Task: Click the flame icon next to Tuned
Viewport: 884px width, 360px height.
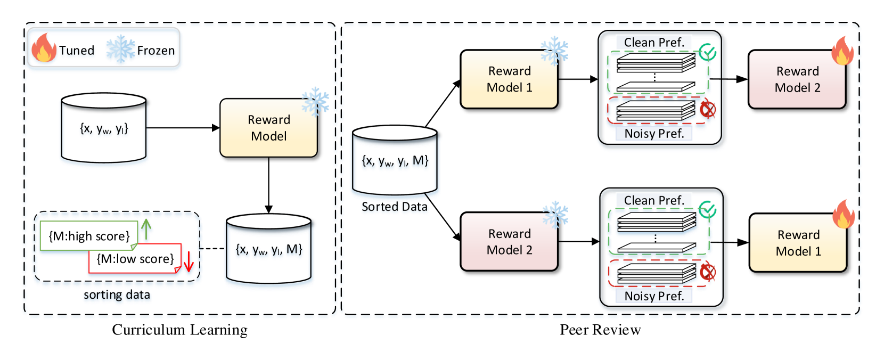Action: point(44,49)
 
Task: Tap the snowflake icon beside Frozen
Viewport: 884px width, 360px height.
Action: point(120,50)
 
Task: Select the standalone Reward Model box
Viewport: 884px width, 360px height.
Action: point(268,128)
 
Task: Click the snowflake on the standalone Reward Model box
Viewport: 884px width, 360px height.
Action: point(315,101)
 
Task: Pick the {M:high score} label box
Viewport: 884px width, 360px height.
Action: point(89,236)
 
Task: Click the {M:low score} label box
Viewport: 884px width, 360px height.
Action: point(135,259)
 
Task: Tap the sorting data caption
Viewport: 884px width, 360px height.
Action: point(117,295)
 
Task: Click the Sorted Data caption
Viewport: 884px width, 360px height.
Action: point(394,207)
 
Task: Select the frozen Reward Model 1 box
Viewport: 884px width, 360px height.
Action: point(509,79)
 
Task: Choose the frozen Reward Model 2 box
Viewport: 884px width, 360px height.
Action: point(509,242)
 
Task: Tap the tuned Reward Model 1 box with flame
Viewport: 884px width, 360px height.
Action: point(798,243)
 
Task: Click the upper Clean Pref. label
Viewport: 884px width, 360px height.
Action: point(654,43)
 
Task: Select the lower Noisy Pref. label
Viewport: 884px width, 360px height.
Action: point(654,296)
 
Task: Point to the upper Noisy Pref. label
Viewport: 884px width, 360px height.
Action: point(654,134)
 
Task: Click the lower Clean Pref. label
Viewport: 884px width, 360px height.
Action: point(654,201)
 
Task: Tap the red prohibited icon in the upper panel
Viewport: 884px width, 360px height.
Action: point(708,110)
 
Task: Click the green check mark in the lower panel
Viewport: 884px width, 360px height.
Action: point(707,210)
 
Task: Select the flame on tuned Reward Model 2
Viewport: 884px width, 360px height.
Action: point(842,51)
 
